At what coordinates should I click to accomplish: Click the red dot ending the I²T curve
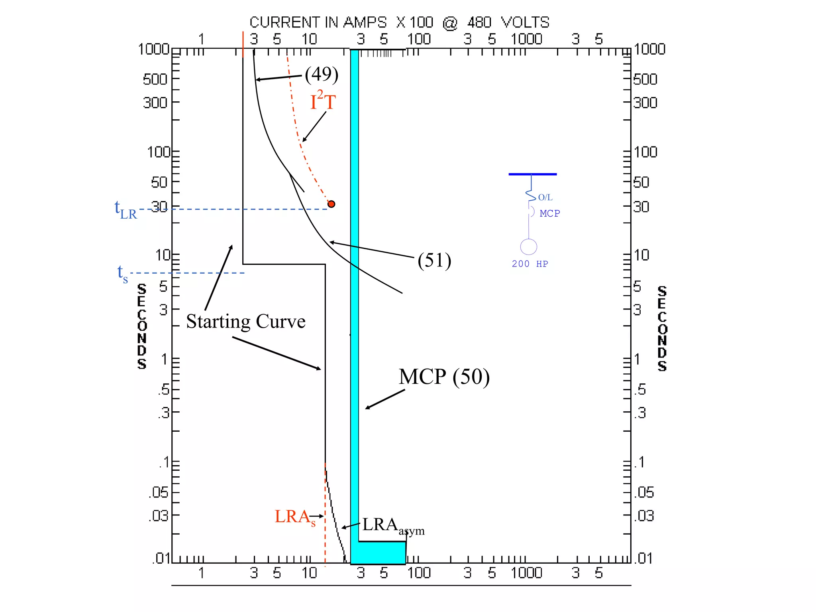tap(331, 204)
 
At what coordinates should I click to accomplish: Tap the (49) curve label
tap(322, 74)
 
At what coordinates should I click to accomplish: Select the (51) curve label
tap(434, 261)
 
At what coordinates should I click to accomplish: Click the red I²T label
tap(323, 101)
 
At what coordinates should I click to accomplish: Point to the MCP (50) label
tap(444, 377)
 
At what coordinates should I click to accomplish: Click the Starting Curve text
tap(245, 322)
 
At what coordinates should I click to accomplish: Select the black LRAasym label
tap(392, 526)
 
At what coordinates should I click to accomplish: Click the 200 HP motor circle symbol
tap(529, 247)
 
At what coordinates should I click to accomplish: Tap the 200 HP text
tap(530, 264)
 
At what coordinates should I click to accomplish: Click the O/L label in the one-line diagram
tap(545, 197)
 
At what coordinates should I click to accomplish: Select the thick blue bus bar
tap(532, 174)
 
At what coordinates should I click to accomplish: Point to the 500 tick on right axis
tap(645, 79)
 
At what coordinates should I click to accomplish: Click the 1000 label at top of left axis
tap(153, 49)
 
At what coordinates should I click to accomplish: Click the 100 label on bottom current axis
tap(419, 573)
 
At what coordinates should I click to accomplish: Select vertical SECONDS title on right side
tap(662, 328)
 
